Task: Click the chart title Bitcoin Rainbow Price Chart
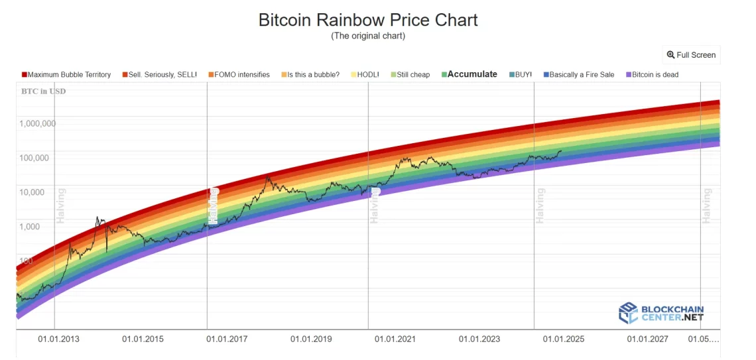(368, 20)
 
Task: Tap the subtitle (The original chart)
(368, 36)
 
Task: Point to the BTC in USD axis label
(44, 91)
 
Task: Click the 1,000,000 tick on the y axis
(37, 123)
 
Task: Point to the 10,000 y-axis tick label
(41, 192)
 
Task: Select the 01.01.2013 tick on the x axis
(58, 339)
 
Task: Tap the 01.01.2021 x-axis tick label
(395, 339)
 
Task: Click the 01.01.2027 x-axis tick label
(648, 339)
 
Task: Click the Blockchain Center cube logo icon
(628, 313)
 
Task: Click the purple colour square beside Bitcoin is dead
(628, 75)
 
